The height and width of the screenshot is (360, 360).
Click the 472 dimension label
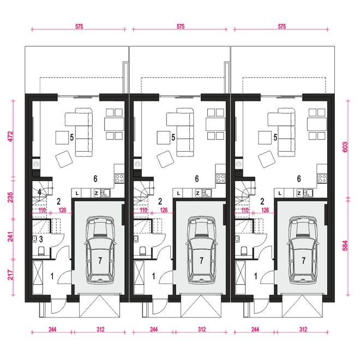coord(10,136)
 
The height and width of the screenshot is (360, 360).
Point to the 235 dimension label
coord(10,197)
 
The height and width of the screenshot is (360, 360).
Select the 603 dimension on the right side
coord(345,147)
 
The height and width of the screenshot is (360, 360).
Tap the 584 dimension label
coord(345,245)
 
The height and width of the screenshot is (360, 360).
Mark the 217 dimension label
coord(10,274)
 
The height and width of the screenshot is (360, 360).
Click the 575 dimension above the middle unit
coord(181,26)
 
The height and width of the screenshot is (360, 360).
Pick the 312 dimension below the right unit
coord(303,329)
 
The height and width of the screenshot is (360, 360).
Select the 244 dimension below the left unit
coord(52,329)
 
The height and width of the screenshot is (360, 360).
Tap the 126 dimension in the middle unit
coord(164,210)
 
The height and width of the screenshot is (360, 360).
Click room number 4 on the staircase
coord(39,192)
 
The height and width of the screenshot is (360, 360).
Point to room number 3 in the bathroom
coord(41,239)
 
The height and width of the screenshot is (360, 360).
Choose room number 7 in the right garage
coord(303,260)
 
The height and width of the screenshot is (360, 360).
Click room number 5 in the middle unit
coord(173,137)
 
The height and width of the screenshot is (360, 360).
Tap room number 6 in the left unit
coord(95,178)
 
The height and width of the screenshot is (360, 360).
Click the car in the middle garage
coord(201,250)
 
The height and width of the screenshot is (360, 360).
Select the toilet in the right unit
coord(244,251)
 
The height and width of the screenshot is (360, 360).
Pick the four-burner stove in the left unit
coord(119,178)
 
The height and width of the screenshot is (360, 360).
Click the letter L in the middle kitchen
coord(178,194)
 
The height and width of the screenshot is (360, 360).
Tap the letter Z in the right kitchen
coord(299,194)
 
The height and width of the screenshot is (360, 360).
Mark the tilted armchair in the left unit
coord(64,159)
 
